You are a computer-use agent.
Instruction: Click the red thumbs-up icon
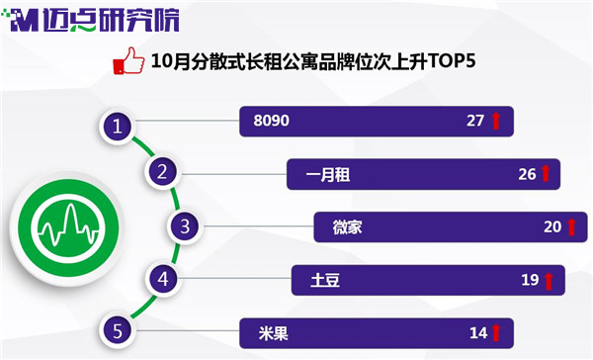click(128, 60)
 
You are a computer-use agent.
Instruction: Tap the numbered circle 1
click(118, 126)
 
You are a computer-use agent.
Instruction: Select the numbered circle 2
click(162, 172)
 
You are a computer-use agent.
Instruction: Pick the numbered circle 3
click(185, 226)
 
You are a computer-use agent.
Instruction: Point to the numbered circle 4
click(163, 279)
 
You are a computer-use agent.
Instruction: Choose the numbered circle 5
click(118, 331)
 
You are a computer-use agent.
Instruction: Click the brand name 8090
click(272, 121)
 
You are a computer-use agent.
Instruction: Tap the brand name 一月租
click(328, 174)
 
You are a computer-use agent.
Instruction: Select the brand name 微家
click(347, 227)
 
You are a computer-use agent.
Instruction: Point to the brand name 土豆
click(325, 280)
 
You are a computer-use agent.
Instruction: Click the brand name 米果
click(274, 333)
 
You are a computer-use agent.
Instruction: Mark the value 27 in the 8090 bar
click(475, 121)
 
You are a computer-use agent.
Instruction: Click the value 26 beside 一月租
click(527, 174)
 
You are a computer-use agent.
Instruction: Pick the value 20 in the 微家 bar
click(552, 226)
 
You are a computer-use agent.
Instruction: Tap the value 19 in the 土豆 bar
click(530, 280)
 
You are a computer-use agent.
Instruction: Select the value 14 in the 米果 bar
click(478, 333)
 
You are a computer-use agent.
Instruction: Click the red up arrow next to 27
click(496, 121)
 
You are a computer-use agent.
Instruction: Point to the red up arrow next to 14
click(496, 332)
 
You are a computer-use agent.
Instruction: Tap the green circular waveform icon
click(68, 228)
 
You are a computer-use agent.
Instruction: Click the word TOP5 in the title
click(452, 60)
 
